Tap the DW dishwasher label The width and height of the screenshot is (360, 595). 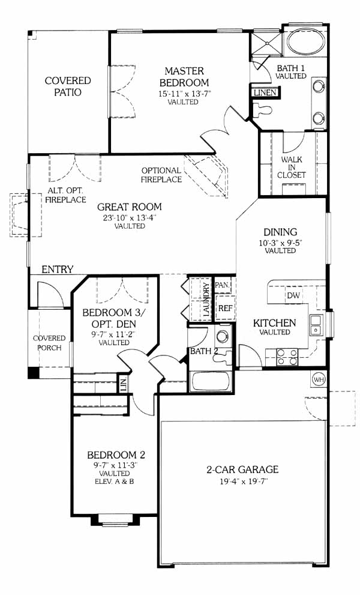[x=293, y=295]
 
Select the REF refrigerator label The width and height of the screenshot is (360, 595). [x=224, y=308]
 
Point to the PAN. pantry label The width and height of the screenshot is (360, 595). [x=222, y=285]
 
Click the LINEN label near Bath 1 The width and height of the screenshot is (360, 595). [x=265, y=92]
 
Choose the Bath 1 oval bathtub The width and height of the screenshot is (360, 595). [x=305, y=43]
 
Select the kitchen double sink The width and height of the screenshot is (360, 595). [x=315, y=325]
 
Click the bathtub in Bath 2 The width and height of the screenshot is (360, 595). [x=211, y=381]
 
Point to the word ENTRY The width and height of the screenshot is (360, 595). [x=57, y=270]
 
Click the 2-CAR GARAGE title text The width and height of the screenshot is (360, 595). [x=242, y=470]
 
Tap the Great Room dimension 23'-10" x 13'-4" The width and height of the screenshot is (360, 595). [x=130, y=217]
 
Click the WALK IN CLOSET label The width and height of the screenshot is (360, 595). [x=292, y=168]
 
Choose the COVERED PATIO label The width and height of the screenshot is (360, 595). [x=68, y=86]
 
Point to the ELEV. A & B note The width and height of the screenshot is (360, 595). [x=115, y=482]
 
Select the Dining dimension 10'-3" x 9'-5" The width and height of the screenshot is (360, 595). [x=280, y=243]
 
